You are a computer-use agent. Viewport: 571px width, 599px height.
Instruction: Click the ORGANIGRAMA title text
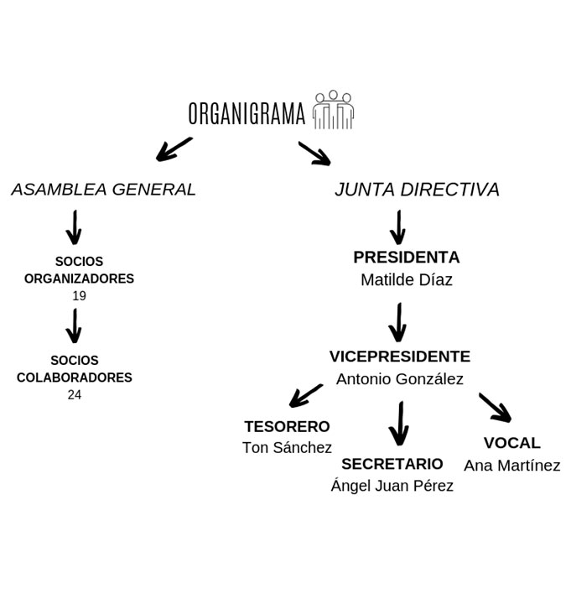pos(247,113)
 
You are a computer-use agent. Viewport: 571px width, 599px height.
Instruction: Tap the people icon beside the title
pos(333,110)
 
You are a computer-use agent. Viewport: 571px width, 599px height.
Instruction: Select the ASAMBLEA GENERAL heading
pos(103,190)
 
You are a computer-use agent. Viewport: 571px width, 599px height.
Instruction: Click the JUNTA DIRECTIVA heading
pos(417,190)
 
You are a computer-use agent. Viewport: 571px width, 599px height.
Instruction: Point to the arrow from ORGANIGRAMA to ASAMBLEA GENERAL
pos(174,148)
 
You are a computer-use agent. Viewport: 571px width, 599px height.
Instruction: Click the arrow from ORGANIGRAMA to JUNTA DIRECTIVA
pos(314,153)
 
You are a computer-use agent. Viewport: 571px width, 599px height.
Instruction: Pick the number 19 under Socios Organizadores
pos(79,296)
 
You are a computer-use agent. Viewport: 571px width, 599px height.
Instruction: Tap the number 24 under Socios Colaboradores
pos(75,394)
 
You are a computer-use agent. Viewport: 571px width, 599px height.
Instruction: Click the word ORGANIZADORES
pos(79,279)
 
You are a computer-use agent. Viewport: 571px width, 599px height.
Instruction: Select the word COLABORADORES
pos(75,378)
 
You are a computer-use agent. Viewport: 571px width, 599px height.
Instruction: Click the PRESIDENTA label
pos(406,258)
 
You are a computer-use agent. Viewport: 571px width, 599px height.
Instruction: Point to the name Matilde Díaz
pos(406,280)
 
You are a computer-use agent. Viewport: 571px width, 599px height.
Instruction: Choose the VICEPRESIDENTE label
pos(399,357)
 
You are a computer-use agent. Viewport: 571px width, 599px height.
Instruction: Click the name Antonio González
pos(399,379)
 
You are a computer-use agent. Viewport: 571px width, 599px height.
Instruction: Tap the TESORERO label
pos(287,427)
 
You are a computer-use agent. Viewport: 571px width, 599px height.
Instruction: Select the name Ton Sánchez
pos(287,448)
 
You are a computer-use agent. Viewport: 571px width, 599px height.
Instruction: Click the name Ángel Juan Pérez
pos(392,486)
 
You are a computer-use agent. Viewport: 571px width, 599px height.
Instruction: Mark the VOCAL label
pos(511,443)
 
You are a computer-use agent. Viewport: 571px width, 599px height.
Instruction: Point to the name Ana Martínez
pos(511,466)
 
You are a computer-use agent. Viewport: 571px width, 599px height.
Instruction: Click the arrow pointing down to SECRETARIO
pos(399,424)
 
